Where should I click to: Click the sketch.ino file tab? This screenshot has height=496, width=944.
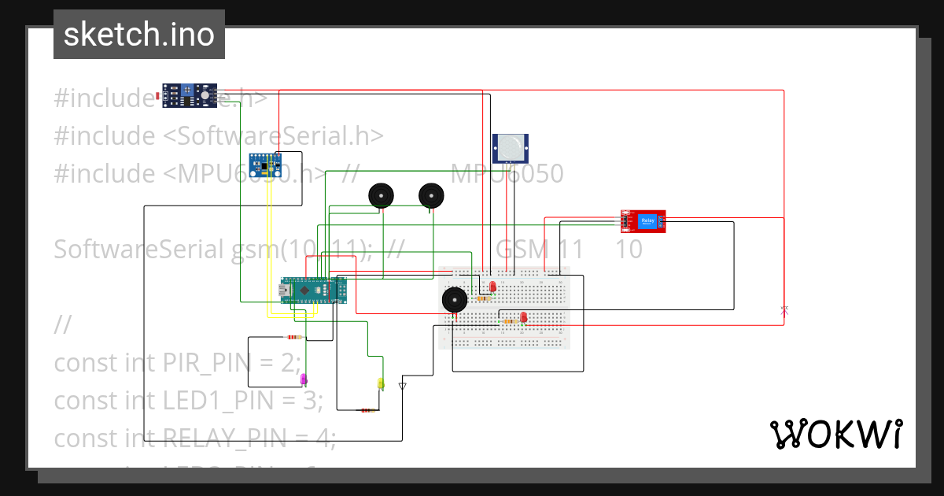pyautogui.click(x=138, y=35)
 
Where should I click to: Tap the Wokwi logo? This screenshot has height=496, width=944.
pyautogui.click(x=835, y=434)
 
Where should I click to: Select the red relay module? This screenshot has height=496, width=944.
pyautogui.click(x=643, y=222)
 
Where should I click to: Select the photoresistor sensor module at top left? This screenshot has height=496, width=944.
pyautogui.click(x=189, y=94)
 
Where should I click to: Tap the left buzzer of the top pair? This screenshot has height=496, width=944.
pyautogui.click(x=382, y=195)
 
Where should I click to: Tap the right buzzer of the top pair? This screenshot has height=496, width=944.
pyautogui.click(x=431, y=195)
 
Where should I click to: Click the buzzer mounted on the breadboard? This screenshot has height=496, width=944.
pyautogui.click(x=454, y=300)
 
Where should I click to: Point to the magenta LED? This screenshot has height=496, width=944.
pyautogui.click(x=304, y=379)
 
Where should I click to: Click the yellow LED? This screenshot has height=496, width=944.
pyautogui.click(x=381, y=383)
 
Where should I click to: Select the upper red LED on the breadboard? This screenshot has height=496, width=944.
pyautogui.click(x=492, y=287)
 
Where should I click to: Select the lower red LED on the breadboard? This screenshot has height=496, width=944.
pyautogui.click(x=523, y=317)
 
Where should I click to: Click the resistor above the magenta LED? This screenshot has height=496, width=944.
pyautogui.click(x=294, y=338)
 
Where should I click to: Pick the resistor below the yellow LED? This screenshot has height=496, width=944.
pyautogui.click(x=367, y=410)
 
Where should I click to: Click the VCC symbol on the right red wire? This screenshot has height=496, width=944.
pyautogui.click(x=784, y=310)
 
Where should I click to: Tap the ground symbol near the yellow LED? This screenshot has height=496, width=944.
pyautogui.click(x=403, y=386)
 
